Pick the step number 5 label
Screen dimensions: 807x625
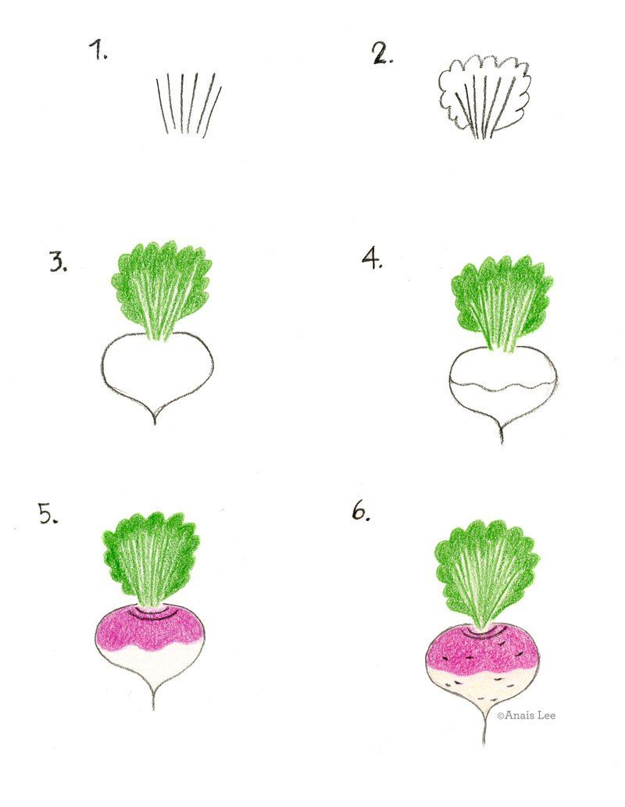tap(49, 513)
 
